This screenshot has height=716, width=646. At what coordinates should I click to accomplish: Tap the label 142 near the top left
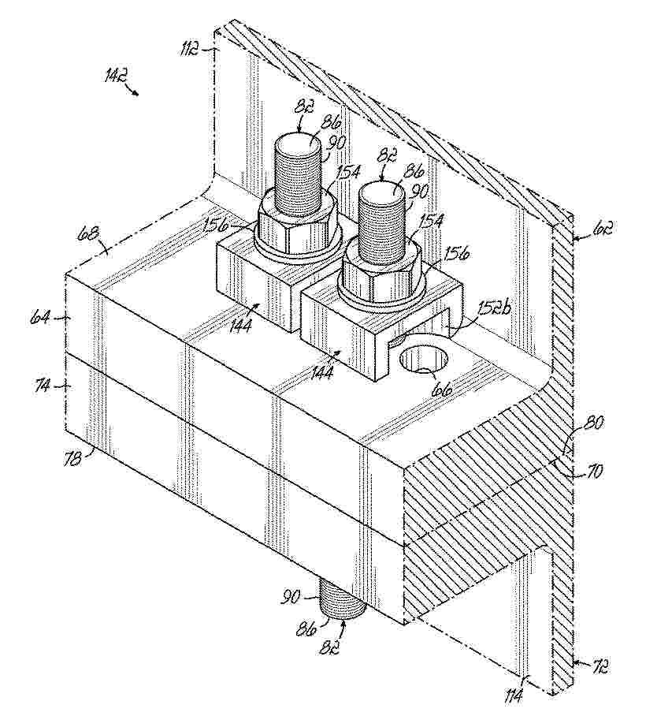pyautogui.click(x=113, y=77)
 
